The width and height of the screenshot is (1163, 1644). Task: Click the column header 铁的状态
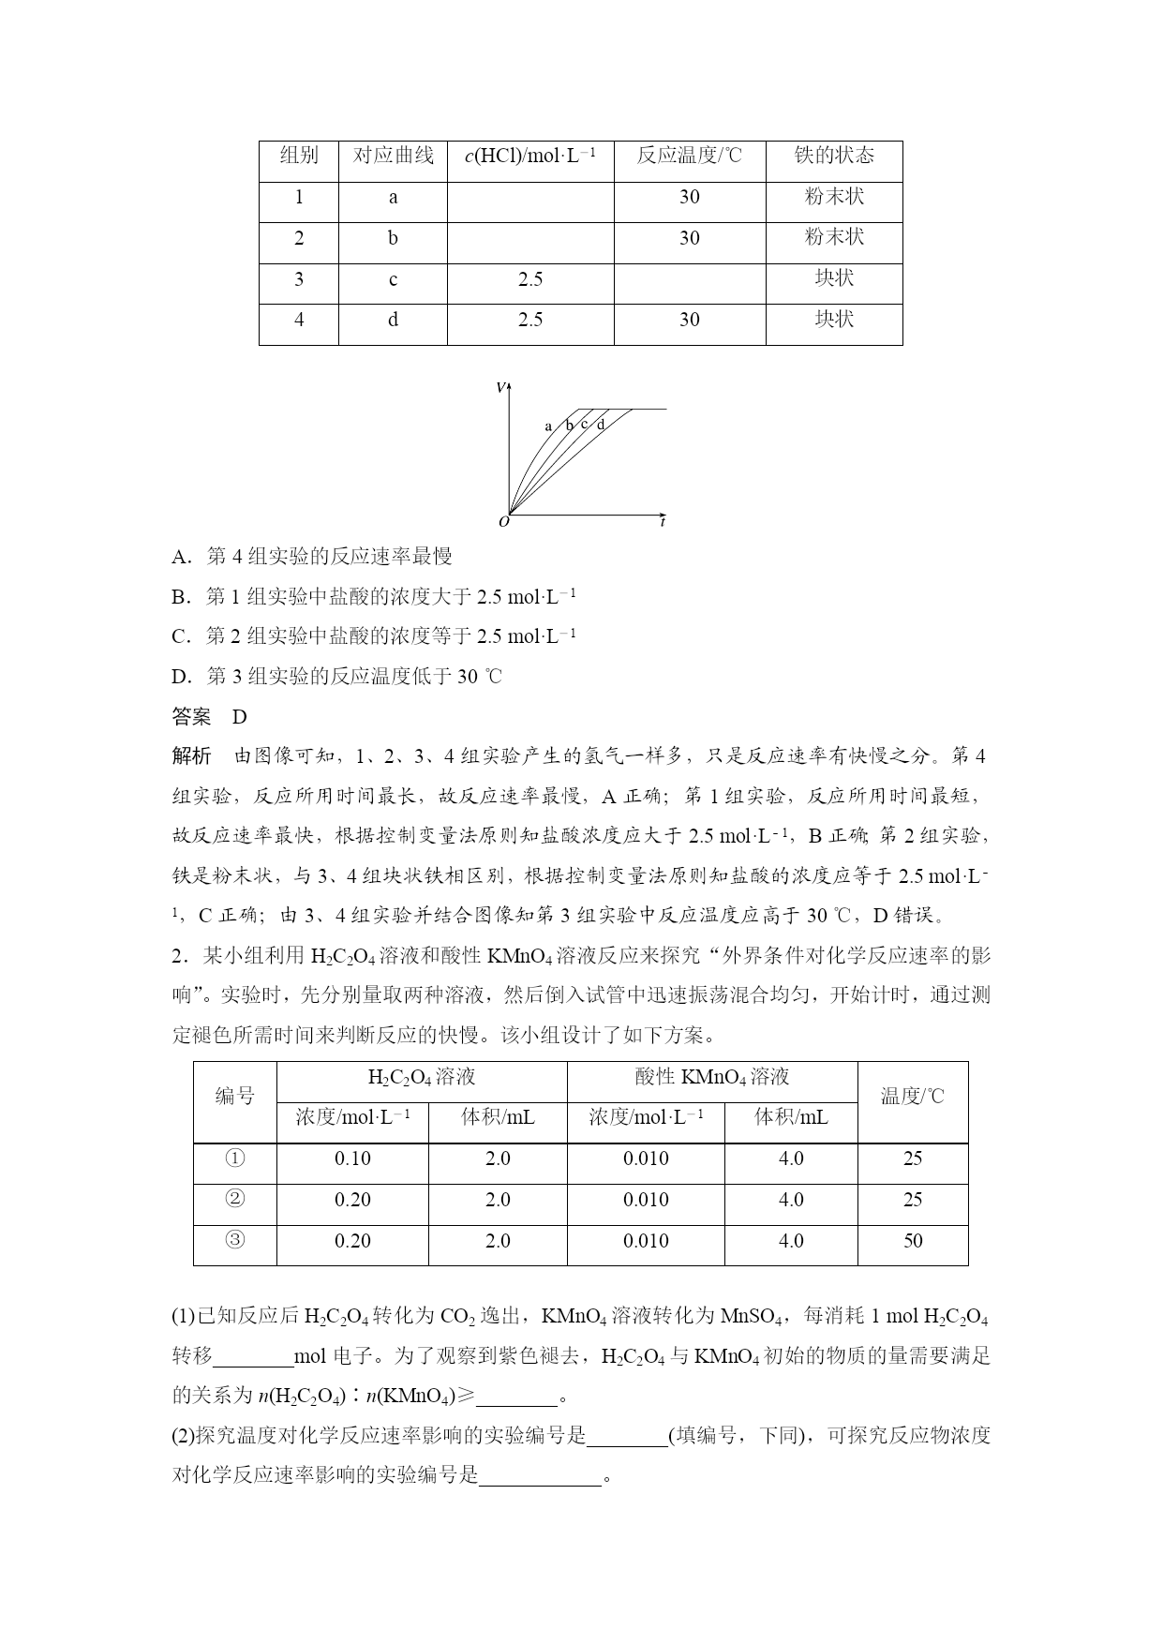pos(833,156)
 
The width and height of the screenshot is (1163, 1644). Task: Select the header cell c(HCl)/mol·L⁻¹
pos(530,156)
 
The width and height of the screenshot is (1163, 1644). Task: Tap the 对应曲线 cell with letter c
pos(393,279)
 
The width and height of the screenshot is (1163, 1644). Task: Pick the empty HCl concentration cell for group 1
pos(530,198)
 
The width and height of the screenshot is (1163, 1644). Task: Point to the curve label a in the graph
pos(548,426)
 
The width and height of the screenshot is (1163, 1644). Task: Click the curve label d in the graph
pos(601,424)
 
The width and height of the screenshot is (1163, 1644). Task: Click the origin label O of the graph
pos(504,521)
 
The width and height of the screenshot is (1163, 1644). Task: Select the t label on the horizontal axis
pos(663,521)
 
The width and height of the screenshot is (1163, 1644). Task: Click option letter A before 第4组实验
pos(180,557)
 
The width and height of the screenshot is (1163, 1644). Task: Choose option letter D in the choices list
pos(180,677)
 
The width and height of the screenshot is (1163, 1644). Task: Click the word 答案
pos(192,717)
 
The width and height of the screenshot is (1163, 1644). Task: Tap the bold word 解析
pos(192,756)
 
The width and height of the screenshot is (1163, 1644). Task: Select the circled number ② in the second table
pos(235,1200)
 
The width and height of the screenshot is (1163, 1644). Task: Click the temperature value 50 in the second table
pos(913,1241)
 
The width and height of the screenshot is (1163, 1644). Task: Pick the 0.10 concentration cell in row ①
pos(352,1159)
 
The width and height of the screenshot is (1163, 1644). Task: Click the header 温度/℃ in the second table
pos(913,1097)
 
